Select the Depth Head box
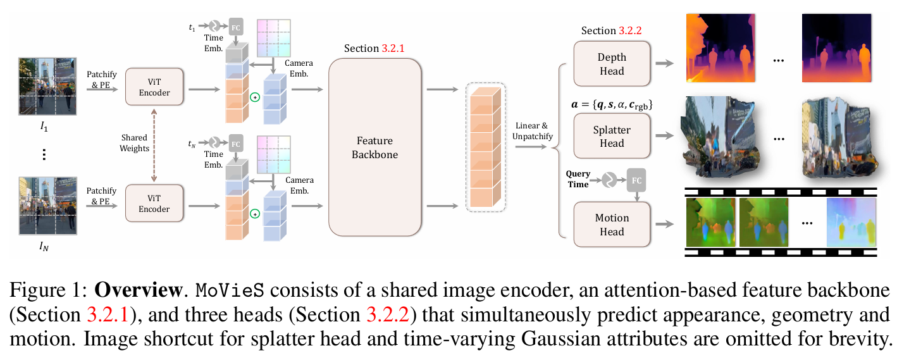click(612, 64)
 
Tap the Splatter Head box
click(612, 136)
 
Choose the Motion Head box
click(612, 225)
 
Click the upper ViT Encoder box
click(154, 86)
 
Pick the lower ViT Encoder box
click(154, 202)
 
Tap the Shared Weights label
click(134, 143)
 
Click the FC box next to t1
click(236, 27)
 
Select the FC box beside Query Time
click(636, 180)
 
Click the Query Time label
click(578, 179)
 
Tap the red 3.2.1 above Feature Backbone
click(396, 48)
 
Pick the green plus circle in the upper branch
click(256, 97)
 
